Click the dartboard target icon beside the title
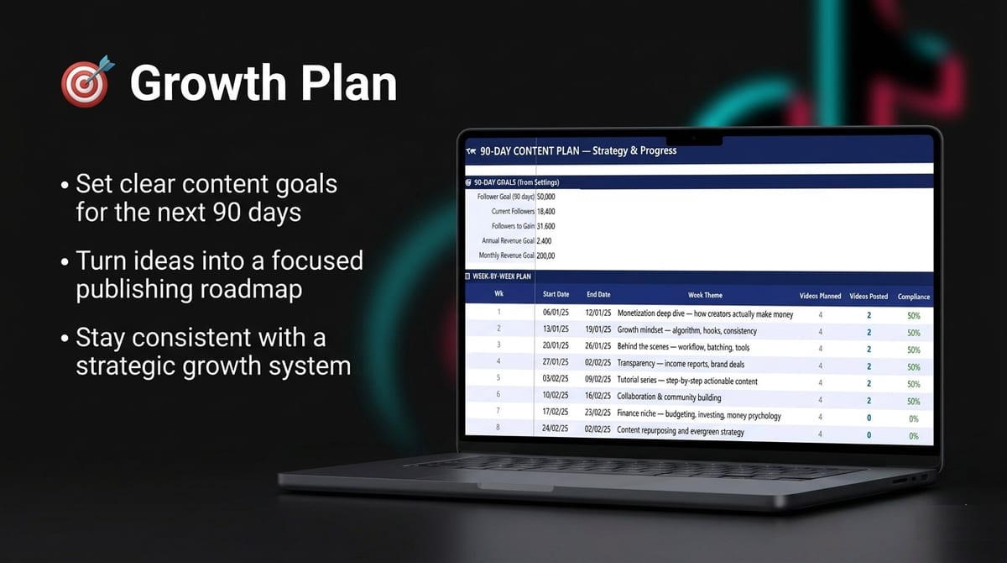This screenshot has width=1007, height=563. (x=85, y=82)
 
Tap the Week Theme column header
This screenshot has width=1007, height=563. (x=705, y=295)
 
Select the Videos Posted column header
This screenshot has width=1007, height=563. (x=869, y=296)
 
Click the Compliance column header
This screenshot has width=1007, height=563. (x=914, y=297)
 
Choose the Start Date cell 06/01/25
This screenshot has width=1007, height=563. (x=556, y=314)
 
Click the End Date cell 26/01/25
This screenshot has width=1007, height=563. (x=598, y=346)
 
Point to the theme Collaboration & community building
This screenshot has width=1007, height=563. (x=669, y=397)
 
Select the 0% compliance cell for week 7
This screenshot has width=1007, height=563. (x=913, y=418)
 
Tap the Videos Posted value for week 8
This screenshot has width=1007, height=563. (x=869, y=434)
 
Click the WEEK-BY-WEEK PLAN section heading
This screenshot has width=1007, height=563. (x=503, y=276)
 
